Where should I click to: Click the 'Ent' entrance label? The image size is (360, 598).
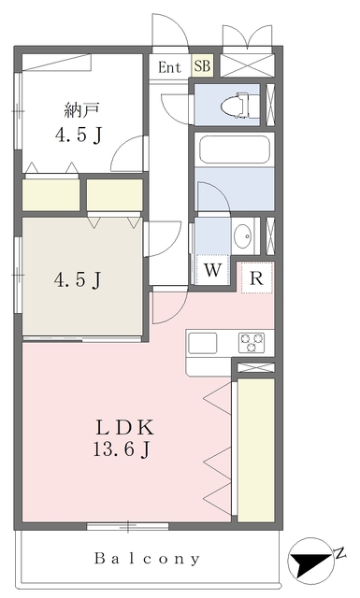pyautogui.click(x=169, y=66)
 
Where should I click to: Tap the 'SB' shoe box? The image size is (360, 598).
pyautogui.click(x=202, y=66)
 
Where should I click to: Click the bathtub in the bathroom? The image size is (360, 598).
pyautogui.click(x=234, y=149)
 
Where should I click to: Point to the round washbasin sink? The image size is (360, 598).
pyautogui.click(x=243, y=234)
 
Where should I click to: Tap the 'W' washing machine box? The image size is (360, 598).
pyautogui.click(x=213, y=271)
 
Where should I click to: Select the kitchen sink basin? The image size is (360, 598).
pyautogui.click(x=203, y=343)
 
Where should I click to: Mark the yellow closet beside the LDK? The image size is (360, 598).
pyautogui.click(x=255, y=448)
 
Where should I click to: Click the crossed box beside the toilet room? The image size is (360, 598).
pyautogui.click(x=270, y=104)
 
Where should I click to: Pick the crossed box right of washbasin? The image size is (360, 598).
pyautogui.click(x=270, y=234)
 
